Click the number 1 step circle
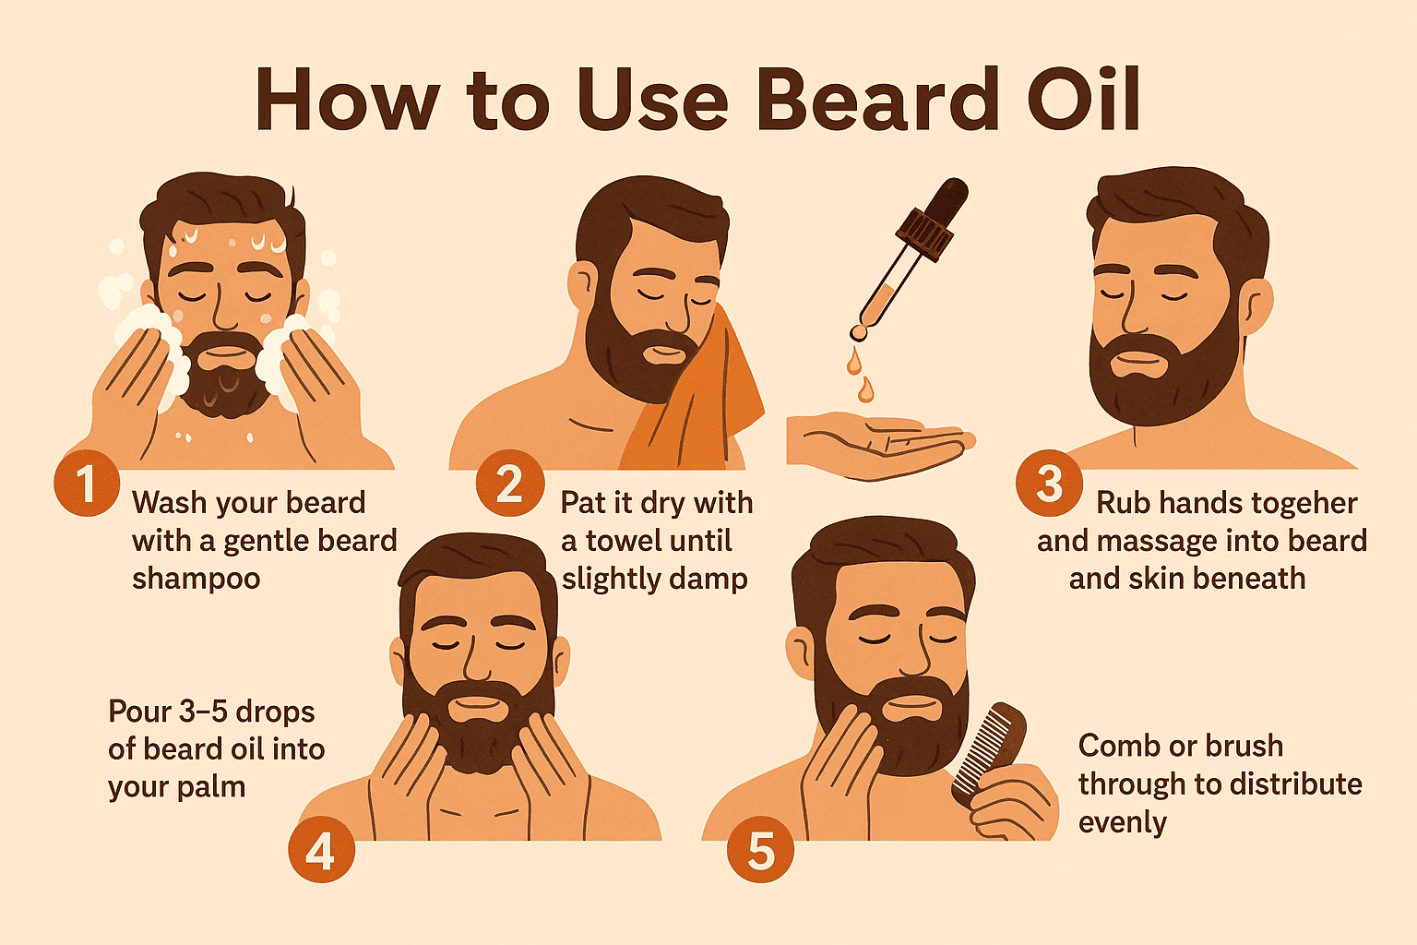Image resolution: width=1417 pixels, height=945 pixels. point(87,483)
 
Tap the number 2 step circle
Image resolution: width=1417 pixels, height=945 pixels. point(510,483)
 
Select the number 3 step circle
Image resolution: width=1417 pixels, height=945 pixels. point(1049,483)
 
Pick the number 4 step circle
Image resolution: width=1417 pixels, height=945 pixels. point(321,849)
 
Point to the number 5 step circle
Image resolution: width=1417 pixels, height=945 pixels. point(760,849)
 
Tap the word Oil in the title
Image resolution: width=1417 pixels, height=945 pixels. point(1083,100)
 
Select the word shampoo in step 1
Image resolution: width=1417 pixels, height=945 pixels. point(196,580)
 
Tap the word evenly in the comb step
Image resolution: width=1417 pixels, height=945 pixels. point(1123,823)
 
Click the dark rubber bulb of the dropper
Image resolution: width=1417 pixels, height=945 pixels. point(949,199)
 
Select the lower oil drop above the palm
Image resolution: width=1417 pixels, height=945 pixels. point(865,389)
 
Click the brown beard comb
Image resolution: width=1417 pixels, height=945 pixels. point(989,752)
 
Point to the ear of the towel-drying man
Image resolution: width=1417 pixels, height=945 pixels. point(583,285)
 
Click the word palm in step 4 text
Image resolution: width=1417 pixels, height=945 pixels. point(211,788)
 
